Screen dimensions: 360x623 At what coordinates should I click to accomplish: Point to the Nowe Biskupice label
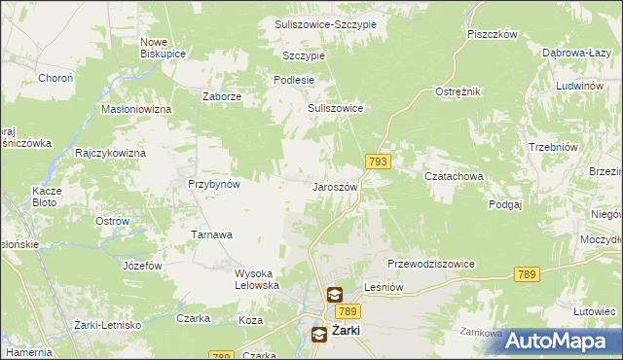point(163,48)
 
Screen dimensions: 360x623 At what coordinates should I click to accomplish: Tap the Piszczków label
point(491,33)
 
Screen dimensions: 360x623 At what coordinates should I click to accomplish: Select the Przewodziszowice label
point(430,264)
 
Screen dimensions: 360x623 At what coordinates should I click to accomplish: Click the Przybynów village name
point(214,183)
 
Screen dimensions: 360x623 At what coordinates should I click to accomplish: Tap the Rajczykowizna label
point(110,154)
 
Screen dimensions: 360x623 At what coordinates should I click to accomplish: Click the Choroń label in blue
point(55,77)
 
